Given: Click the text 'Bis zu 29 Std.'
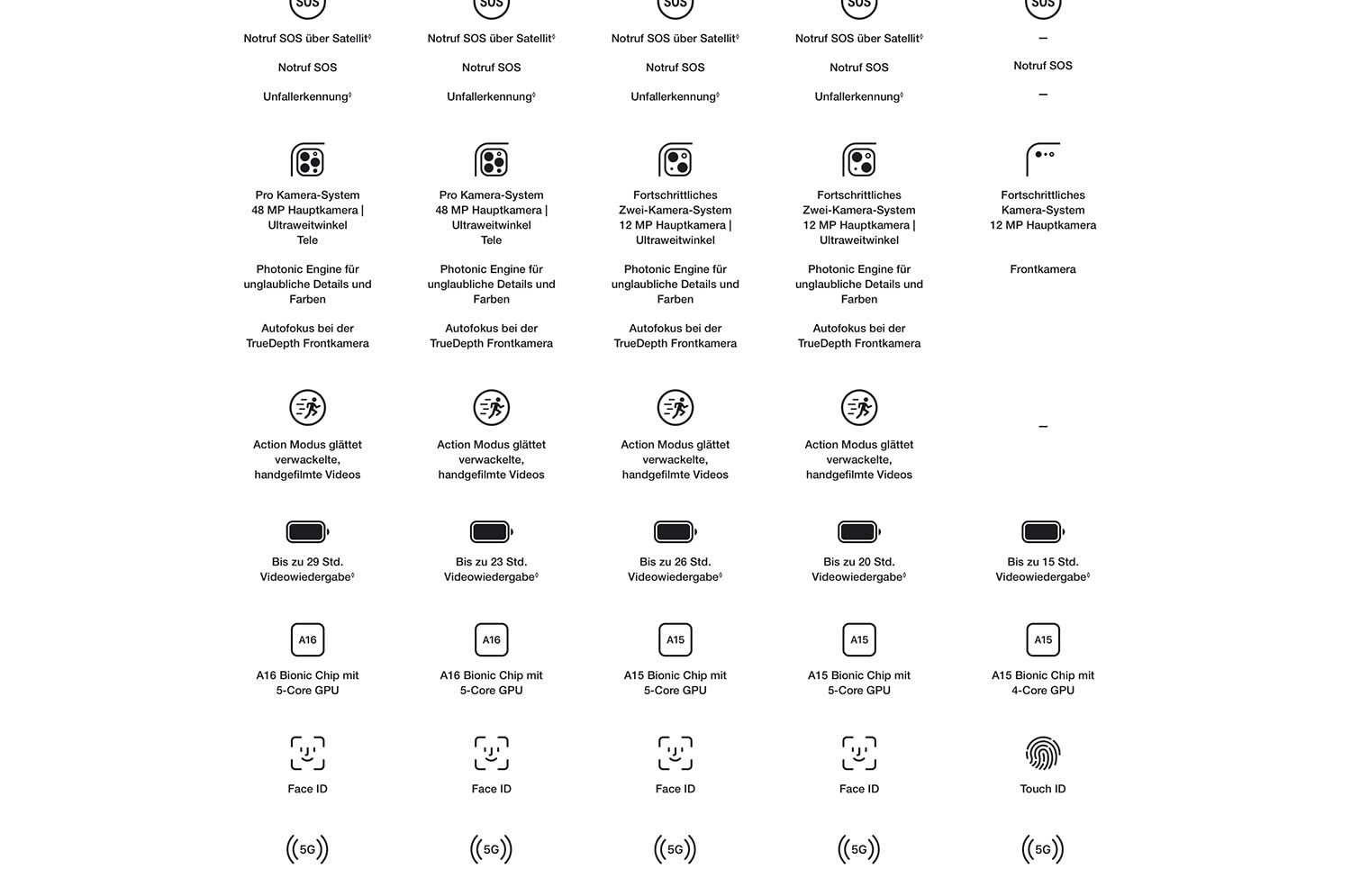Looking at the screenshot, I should pyautogui.click(x=307, y=562).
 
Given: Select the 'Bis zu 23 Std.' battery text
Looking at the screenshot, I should pyautogui.click(x=491, y=562).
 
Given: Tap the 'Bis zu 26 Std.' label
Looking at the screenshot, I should pyautogui.click(x=675, y=562).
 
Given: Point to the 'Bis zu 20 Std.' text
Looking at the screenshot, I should pyautogui.click(x=858, y=562).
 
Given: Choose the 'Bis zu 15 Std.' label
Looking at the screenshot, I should pyautogui.click(x=1042, y=562).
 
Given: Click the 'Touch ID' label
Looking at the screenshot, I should pyautogui.click(x=1042, y=789).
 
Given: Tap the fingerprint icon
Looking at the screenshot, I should pyautogui.click(x=1042, y=754).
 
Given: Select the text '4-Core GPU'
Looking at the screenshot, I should pyautogui.click(x=1042, y=691).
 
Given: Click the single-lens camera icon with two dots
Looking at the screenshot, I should pyautogui.click(x=1042, y=159).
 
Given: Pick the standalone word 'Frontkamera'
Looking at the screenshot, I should pyautogui.click(x=1042, y=269).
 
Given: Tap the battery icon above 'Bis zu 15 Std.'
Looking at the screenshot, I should pyautogui.click(x=1042, y=532).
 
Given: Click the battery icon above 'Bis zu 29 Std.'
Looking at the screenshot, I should pyautogui.click(x=307, y=532).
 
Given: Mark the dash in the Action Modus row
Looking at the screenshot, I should pyautogui.click(x=1042, y=427).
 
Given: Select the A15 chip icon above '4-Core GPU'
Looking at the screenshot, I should pyautogui.click(x=1042, y=640).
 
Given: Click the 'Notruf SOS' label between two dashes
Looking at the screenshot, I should pyautogui.click(x=1042, y=66).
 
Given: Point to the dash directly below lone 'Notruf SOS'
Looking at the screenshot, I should pyautogui.click(x=1042, y=95).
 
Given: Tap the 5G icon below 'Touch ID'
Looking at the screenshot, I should pyautogui.click(x=1042, y=849).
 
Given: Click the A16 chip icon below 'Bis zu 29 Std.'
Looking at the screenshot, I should pyautogui.click(x=307, y=640).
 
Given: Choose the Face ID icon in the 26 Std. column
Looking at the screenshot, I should pyautogui.click(x=675, y=754).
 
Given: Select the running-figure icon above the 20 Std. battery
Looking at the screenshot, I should pyautogui.click(x=858, y=408).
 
